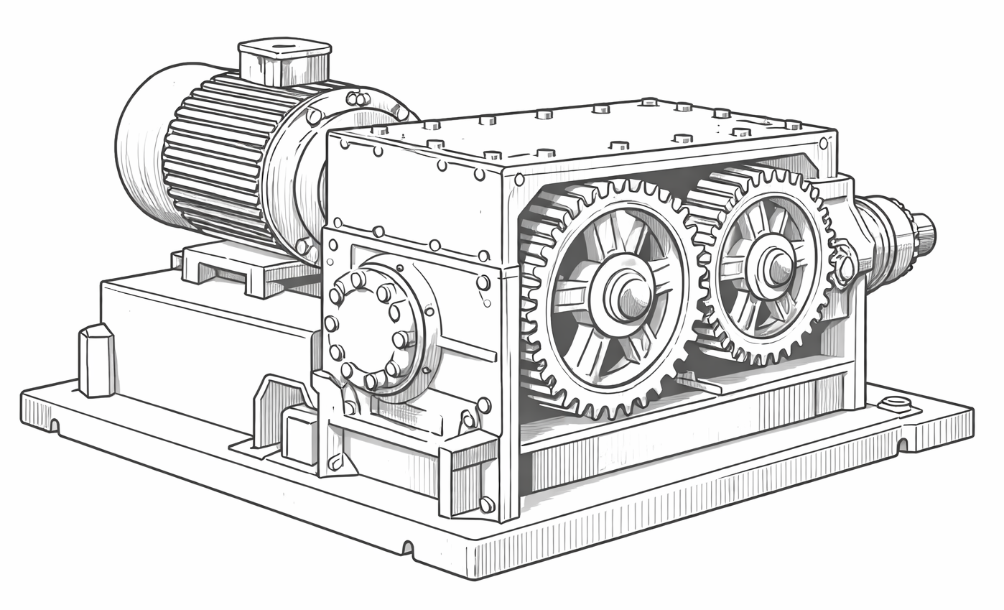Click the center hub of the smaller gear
(x=774, y=267)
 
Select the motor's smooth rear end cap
(x=140, y=144)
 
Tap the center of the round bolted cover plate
(x=368, y=329)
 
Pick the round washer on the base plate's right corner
(x=895, y=403)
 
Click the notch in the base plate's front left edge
(x=408, y=547)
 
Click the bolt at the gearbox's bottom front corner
(x=487, y=504)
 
